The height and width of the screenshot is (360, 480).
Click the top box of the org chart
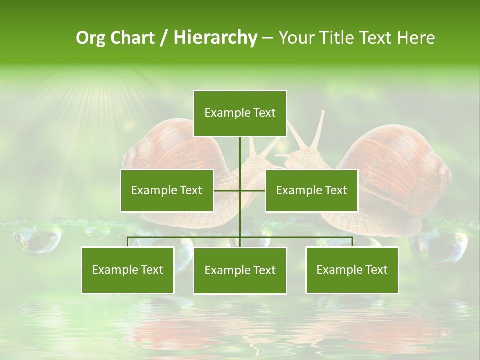click(240, 113)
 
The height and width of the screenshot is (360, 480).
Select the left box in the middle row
click(167, 190)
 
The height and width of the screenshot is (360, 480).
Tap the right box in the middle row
click(311, 190)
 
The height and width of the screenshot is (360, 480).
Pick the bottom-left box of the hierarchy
click(128, 270)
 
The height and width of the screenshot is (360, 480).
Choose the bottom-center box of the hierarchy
click(240, 270)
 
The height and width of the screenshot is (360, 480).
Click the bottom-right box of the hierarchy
click(352, 270)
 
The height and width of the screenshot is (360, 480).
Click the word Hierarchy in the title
click(215, 37)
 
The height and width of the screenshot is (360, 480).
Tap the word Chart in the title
click(132, 37)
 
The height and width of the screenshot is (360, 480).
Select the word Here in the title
click(416, 37)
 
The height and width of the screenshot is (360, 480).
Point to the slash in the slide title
click(164, 38)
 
